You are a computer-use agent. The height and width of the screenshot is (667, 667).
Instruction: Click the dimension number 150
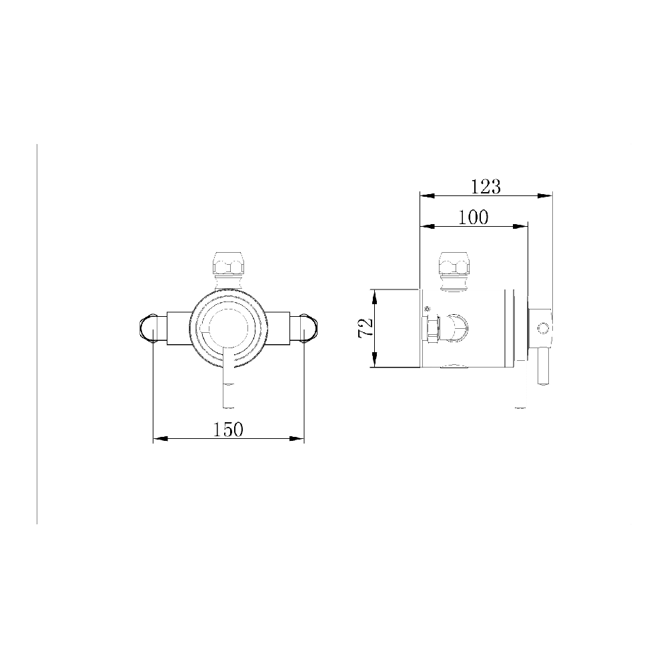click(228, 430)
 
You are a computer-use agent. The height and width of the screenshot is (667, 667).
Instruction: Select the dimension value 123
click(486, 187)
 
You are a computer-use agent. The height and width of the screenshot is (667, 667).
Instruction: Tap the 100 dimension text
click(474, 217)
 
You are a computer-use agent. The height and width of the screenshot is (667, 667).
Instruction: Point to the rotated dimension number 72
click(366, 327)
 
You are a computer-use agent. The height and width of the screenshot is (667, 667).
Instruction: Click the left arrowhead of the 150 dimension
click(159, 439)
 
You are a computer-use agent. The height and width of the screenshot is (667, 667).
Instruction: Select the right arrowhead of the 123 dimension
click(546, 195)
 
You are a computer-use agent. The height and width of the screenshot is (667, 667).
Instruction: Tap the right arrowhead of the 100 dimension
click(522, 226)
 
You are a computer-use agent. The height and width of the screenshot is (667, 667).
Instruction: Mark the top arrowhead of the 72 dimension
click(376, 294)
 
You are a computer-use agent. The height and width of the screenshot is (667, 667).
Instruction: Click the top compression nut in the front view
click(228, 264)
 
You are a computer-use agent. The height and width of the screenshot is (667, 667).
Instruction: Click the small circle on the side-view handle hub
click(544, 327)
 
